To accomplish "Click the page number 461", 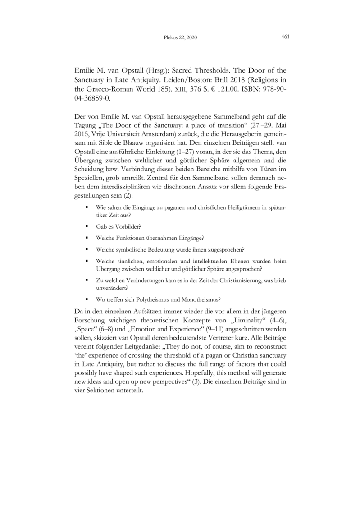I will point(285,37).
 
